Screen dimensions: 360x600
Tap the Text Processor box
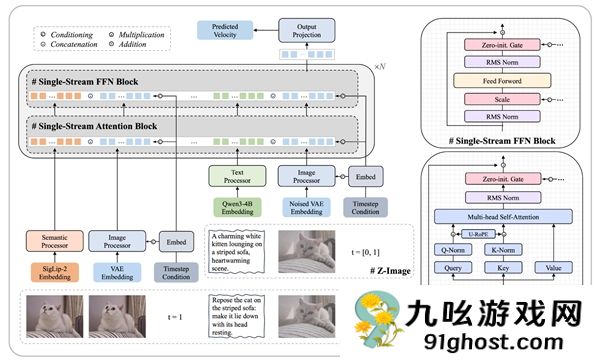pos(237,177)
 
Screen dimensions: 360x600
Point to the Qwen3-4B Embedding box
pos(237,210)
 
